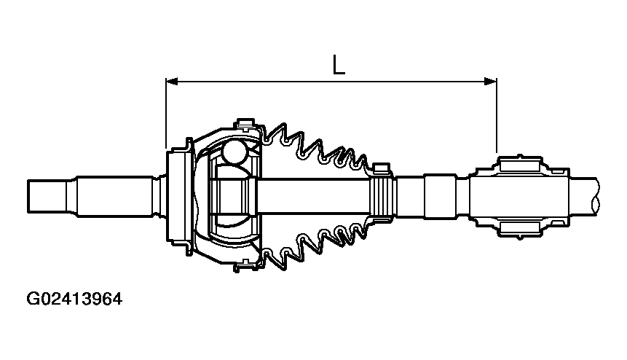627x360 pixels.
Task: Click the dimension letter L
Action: coord(338,65)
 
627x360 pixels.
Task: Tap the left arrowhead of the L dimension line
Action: coord(173,82)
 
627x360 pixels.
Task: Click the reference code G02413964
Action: coord(74,299)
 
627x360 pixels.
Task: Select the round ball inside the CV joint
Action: coord(235,152)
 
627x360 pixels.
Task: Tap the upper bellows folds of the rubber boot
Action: coord(320,149)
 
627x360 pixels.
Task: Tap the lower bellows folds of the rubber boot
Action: coord(320,240)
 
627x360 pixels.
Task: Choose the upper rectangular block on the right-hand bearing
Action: coord(520,163)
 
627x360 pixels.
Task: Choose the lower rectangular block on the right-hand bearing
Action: coord(520,227)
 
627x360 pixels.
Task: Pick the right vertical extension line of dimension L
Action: coord(496,117)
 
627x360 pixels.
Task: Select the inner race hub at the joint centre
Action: coord(233,195)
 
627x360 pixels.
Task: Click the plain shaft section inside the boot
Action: coord(313,195)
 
